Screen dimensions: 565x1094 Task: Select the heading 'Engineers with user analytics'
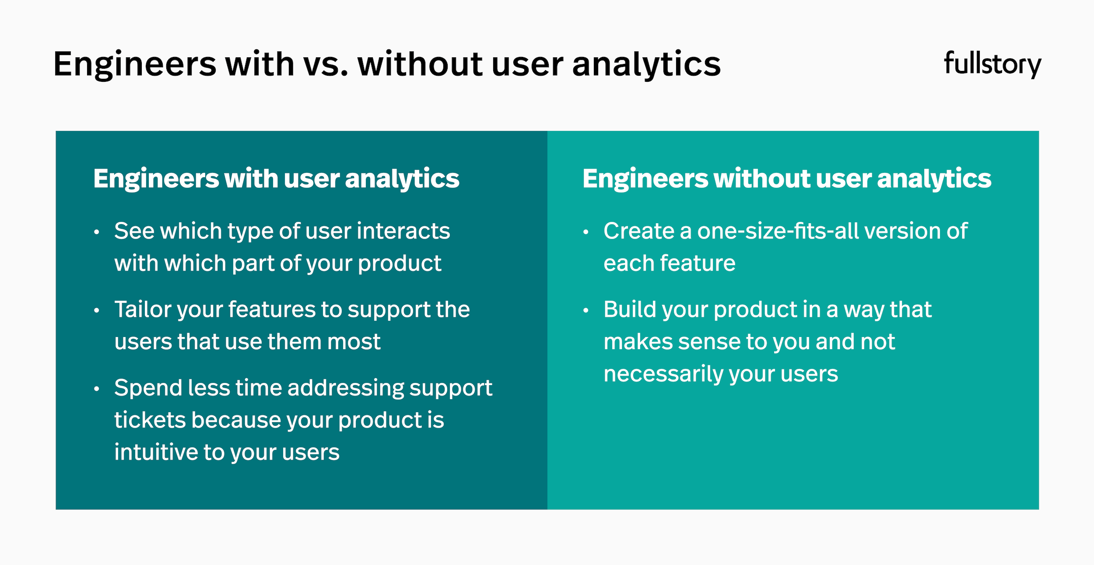coord(276,179)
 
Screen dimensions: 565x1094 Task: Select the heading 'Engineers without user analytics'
coord(786,179)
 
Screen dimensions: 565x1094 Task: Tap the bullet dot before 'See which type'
coord(97,232)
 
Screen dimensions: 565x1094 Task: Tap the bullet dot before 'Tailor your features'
coord(97,311)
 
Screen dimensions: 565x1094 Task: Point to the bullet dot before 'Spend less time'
coord(97,389)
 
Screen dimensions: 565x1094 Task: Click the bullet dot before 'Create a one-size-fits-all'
coord(586,232)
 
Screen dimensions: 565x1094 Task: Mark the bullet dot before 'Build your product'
coord(586,311)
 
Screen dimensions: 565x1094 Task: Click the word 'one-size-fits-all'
coord(778,231)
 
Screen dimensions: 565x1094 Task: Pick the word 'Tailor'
coord(142,309)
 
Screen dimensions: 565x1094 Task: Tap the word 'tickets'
coord(150,420)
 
